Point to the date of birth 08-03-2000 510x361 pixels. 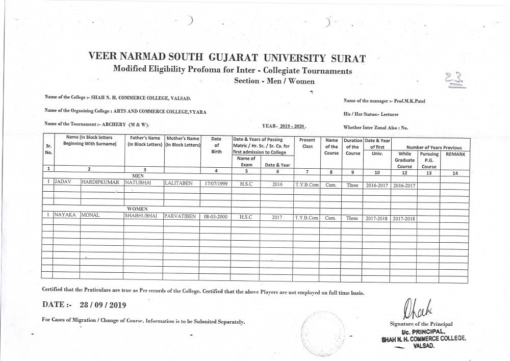coord(215,216)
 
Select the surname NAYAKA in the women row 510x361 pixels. coord(65,216)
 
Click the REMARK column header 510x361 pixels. coord(455,154)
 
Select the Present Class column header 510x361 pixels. coord(307,143)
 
